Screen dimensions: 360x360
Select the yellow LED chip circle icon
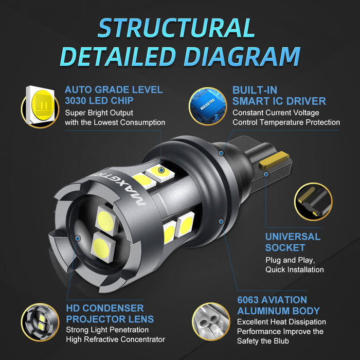click(x=40, y=106)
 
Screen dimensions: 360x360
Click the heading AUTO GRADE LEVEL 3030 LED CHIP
click(x=114, y=95)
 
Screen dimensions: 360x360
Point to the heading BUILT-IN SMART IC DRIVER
click(x=279, y=95)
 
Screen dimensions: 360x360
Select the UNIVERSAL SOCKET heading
click(x=293, y=242)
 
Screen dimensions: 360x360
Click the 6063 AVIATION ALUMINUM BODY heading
click(x=278, y=305)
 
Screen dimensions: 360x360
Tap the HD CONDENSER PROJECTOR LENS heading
click(x=110, y=313)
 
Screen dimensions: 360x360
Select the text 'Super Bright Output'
click(x=99, y=113)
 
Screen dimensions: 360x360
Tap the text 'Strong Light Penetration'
click(x=107, y=330)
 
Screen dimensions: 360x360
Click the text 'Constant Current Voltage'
click(x=275, y=113)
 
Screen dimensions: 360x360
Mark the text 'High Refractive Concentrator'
click(x=115, y=339)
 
